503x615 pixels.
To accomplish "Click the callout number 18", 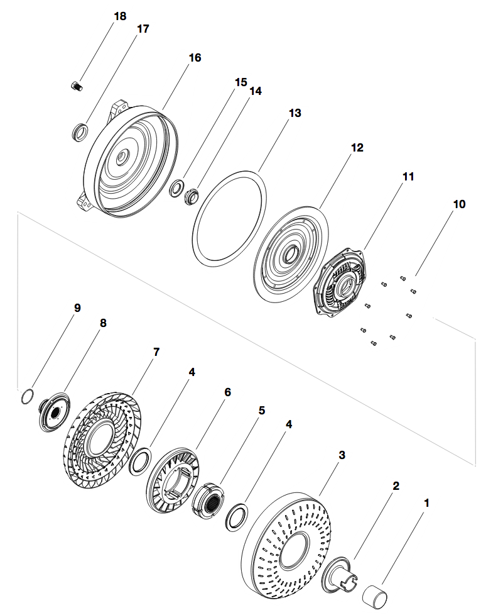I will click(119, 16).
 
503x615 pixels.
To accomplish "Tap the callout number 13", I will click(295, 113).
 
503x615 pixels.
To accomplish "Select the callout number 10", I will click(459, 204).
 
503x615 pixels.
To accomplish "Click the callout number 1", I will click(427, 503).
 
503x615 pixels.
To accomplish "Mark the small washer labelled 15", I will click(178, 187).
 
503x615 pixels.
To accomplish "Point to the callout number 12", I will click(357, 148).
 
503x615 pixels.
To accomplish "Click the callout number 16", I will click(195, 57).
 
